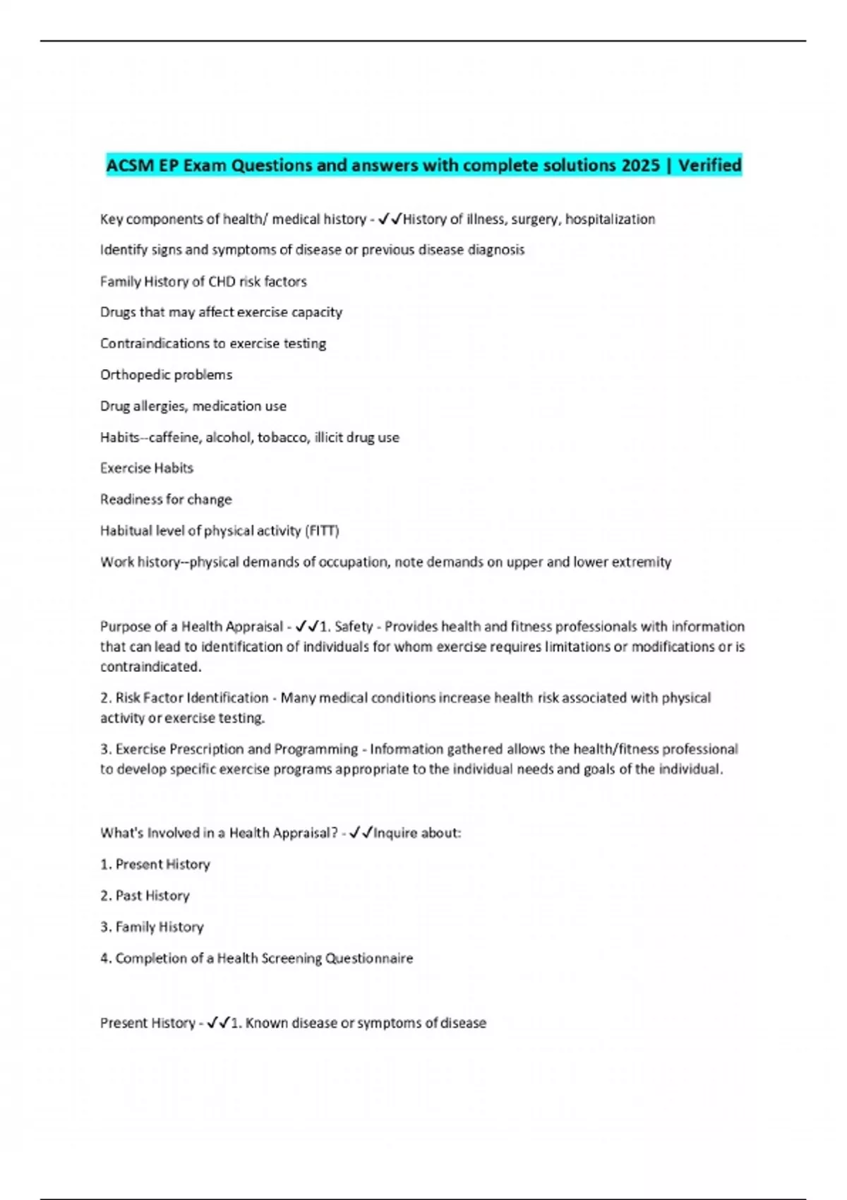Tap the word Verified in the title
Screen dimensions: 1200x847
coord(709,165)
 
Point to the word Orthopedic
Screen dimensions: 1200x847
coord(133,375)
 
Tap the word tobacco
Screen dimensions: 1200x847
coord(283,438)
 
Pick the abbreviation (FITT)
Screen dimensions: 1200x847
coord(322,531)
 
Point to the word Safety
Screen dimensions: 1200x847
coord(354,627)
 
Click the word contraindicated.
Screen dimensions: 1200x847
coord(150,667)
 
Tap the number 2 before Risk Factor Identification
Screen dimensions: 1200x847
coord(104,698)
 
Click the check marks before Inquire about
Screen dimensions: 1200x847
coord(361,833)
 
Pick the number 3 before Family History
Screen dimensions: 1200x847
coord(104,927)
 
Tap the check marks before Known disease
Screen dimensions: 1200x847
coord(218,1023)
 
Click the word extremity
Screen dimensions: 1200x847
coord(642,563)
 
